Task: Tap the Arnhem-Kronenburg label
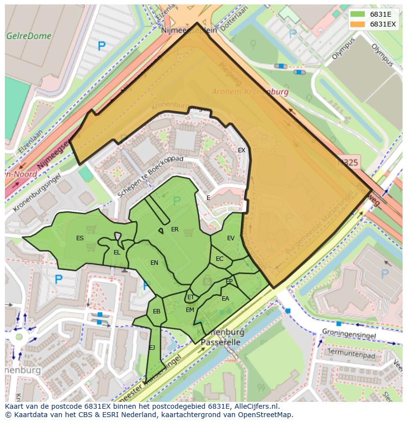[250, 91]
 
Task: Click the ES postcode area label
[80, 238]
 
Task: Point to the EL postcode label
[116, 253]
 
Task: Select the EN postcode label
[154, 263]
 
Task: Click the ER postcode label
[174, 229]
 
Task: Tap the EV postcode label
[231, 238]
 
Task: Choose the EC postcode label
[219, 259]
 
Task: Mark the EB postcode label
[156, 311]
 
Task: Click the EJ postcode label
[152, 348]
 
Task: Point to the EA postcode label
[225, 299]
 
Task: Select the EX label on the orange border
[241, 150]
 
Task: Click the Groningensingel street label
[349, 335]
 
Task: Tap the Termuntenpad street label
[351, 353]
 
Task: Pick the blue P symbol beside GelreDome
[101, 47]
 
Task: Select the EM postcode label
[190, 310]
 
